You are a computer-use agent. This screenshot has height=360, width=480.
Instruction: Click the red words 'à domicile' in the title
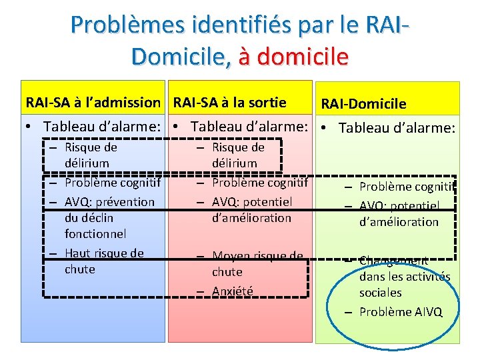(293, 56)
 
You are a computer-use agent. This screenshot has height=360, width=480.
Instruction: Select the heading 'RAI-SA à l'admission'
(93, 103)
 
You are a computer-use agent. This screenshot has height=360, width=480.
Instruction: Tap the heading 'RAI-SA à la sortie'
(229, 103)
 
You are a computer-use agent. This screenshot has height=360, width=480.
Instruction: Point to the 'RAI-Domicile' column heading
(363, 104)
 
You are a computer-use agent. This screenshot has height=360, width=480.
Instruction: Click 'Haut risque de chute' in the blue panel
(104, 261)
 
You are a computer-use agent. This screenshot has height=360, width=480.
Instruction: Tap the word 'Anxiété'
(232, 291)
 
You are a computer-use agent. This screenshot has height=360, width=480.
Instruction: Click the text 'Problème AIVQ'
(400, 312)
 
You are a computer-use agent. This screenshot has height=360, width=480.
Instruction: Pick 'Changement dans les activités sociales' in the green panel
(404, 277)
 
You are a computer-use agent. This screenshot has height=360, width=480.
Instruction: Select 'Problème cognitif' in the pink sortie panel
(259, 182)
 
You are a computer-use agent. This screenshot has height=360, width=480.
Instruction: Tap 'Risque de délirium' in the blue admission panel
(91, 155)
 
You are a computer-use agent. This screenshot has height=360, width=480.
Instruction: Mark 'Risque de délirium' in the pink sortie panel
(238, 155)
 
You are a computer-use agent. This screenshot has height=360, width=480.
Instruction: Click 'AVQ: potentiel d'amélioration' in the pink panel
(252, 209)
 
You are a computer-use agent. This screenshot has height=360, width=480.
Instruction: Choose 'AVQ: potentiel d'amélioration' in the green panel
(399, 214)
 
